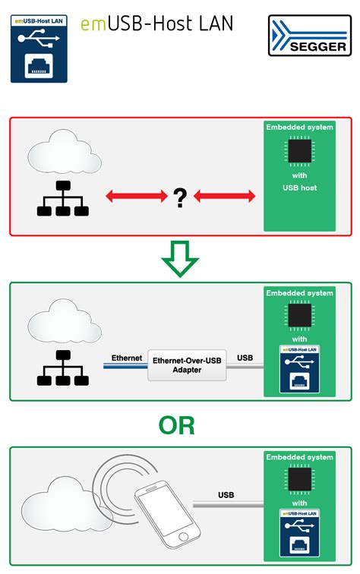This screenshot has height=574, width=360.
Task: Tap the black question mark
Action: point(180,198)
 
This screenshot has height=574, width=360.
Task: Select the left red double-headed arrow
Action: point(135,197)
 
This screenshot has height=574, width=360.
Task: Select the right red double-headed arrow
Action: point(225,197)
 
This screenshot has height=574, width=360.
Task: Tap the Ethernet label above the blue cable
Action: point(127,358)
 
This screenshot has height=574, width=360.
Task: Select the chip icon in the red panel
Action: point(298,150)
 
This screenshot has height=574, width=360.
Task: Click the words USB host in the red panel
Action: point(298,187)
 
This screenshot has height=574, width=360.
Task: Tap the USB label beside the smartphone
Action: point(226,495)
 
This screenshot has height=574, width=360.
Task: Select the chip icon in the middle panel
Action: point(298,315)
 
